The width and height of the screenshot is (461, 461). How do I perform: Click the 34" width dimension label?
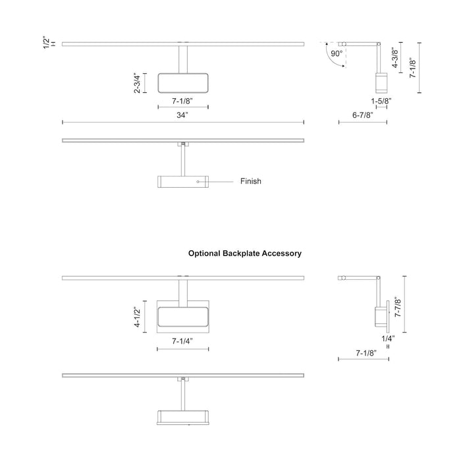coord(182,115)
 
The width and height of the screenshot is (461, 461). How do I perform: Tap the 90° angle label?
coord(337,53)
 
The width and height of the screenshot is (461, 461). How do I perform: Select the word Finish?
coord(250,181)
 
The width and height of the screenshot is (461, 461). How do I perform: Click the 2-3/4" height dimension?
coord(137,83)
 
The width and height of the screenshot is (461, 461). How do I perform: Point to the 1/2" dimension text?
coord(47,43)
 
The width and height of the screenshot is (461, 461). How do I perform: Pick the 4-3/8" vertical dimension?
coord(395,58)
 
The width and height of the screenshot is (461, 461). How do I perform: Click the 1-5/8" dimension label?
coord(381,101)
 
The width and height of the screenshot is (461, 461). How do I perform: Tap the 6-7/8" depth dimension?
coord(362,115)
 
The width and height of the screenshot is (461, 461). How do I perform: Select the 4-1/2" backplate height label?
coord(137,317)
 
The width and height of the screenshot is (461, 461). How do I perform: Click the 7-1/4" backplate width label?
coord(182,341)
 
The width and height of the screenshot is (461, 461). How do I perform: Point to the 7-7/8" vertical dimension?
coord(398,307)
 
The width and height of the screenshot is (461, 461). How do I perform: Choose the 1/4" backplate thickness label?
coord(388,339)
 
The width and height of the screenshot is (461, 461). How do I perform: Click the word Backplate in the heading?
coord(241,254)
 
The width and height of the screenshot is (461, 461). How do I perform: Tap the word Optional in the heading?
coord(204,254)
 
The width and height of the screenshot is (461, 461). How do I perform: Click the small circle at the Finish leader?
coord(198,182)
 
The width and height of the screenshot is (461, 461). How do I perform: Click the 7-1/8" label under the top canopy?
coord(182,101)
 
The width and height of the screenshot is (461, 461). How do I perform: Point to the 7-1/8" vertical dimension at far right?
coord(413,68)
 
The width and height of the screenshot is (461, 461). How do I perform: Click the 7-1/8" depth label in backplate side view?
coord(366,353)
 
